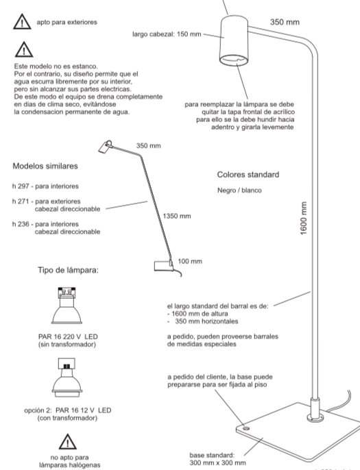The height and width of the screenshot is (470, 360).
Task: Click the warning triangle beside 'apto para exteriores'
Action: [x=20, y=23]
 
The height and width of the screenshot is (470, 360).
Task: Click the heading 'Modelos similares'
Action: [x=44, y=166]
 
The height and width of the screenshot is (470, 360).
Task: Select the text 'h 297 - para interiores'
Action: [x=45, y=186]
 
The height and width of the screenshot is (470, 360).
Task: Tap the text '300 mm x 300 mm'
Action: [x=219, y=462]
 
